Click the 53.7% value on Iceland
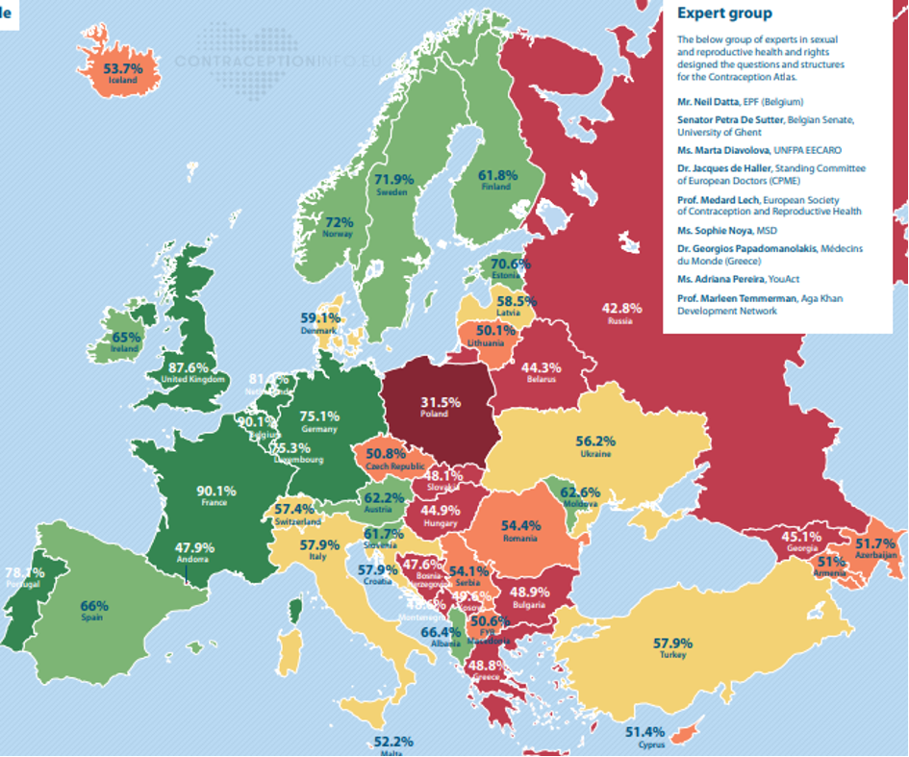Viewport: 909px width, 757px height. pos(123,68)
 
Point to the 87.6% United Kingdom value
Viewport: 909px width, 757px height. pos(188,366)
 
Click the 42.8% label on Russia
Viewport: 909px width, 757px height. pos(621,308)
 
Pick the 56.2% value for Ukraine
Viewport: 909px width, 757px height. pos(595,441)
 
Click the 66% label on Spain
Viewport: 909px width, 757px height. pos(94,606)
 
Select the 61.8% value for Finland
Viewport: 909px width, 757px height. pos(498,175)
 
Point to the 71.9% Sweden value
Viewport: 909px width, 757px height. pos(393,179)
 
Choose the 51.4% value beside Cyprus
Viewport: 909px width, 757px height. pos(644,732)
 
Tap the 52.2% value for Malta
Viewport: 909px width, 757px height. pos(392,742)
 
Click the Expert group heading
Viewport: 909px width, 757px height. pos(723,13)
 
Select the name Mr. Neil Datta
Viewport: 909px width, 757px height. pos(713,101)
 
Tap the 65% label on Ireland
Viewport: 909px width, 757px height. pos(126,337)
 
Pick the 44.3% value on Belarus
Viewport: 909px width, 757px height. pos(541,366)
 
